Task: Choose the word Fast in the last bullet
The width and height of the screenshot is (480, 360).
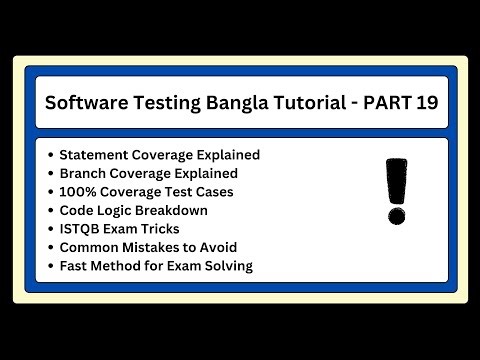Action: click(x=73, y=265)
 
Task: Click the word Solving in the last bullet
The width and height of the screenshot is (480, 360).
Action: click(x=226, y=265)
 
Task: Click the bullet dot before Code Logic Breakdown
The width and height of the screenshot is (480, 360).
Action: click(x=50, y=210)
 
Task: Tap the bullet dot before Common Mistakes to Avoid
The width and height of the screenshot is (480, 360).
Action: click(x=50, y=247)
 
